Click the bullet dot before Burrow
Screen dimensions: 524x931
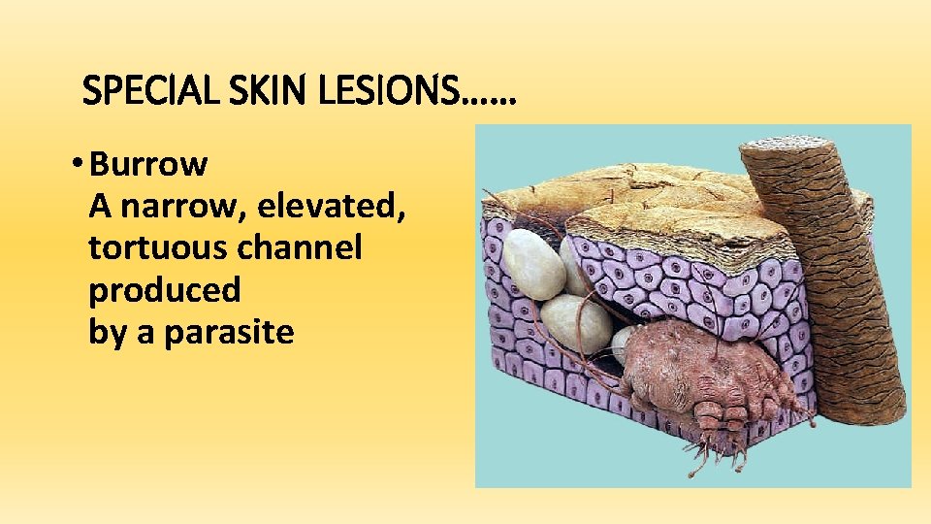coord(78,165)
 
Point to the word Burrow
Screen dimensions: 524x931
coord(147,165)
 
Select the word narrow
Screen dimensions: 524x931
coord(176,207)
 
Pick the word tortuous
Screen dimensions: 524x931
coord(160,248)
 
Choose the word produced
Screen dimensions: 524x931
coord(165,290)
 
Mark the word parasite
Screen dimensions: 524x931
coord(229,332)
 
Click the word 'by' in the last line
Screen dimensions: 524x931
coord(107,332)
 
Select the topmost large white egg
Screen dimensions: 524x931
coord(532,263)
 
